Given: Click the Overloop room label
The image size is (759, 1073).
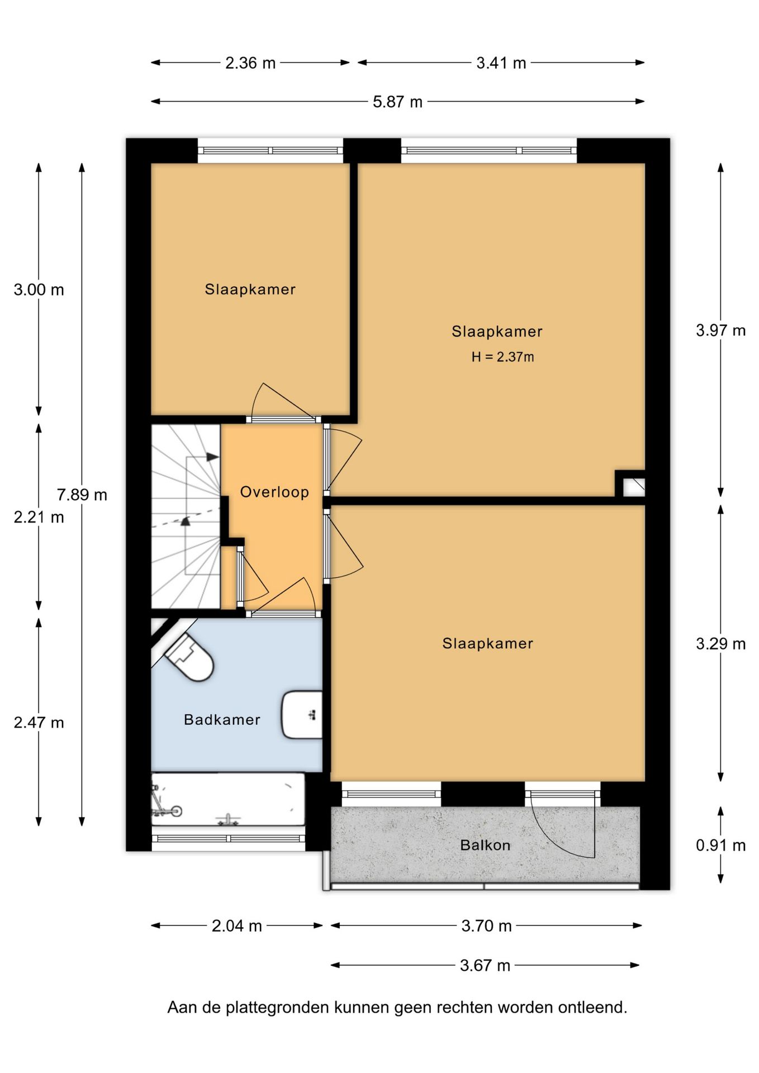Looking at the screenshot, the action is point(274,492).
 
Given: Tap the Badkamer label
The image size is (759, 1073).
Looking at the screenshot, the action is point(222,719).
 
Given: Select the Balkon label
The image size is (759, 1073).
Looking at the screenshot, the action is point(485,845).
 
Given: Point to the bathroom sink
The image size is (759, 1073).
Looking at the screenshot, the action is point(302,715).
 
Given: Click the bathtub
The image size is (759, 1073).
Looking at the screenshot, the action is point(228,799).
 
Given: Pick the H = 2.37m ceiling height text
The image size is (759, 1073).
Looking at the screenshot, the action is point(502,357).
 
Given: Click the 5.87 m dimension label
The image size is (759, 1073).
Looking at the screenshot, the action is point(397,102).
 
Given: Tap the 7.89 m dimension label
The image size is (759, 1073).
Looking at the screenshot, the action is point(82,495).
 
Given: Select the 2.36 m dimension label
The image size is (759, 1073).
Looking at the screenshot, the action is point(250,63).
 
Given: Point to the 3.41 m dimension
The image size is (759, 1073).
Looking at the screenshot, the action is point(501,63).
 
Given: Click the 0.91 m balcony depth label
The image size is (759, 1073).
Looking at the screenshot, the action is point(720,845).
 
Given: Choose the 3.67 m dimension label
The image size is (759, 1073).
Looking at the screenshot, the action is point(485,965).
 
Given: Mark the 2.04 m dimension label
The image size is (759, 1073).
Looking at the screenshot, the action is point(237,926).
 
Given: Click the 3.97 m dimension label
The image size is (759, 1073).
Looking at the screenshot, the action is point(720,330).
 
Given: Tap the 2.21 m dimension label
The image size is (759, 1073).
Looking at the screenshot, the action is point(39,517).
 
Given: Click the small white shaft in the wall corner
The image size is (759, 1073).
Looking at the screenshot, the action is point(634,487).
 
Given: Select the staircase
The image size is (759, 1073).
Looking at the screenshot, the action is point(186,516).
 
